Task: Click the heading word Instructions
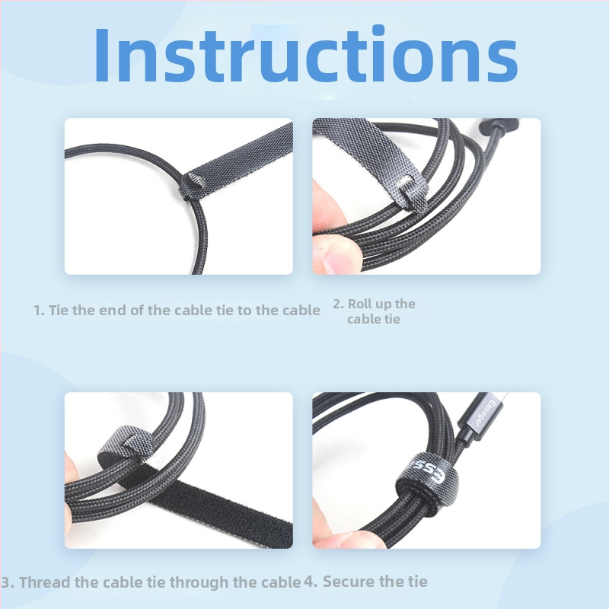[306, 54]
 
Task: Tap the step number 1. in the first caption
[39, 311]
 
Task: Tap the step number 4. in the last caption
[311, 582]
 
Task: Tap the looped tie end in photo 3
[125, 444]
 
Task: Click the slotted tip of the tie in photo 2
[411, 193]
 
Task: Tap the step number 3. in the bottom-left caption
[8, 582]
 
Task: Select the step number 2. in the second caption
[339, 304]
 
